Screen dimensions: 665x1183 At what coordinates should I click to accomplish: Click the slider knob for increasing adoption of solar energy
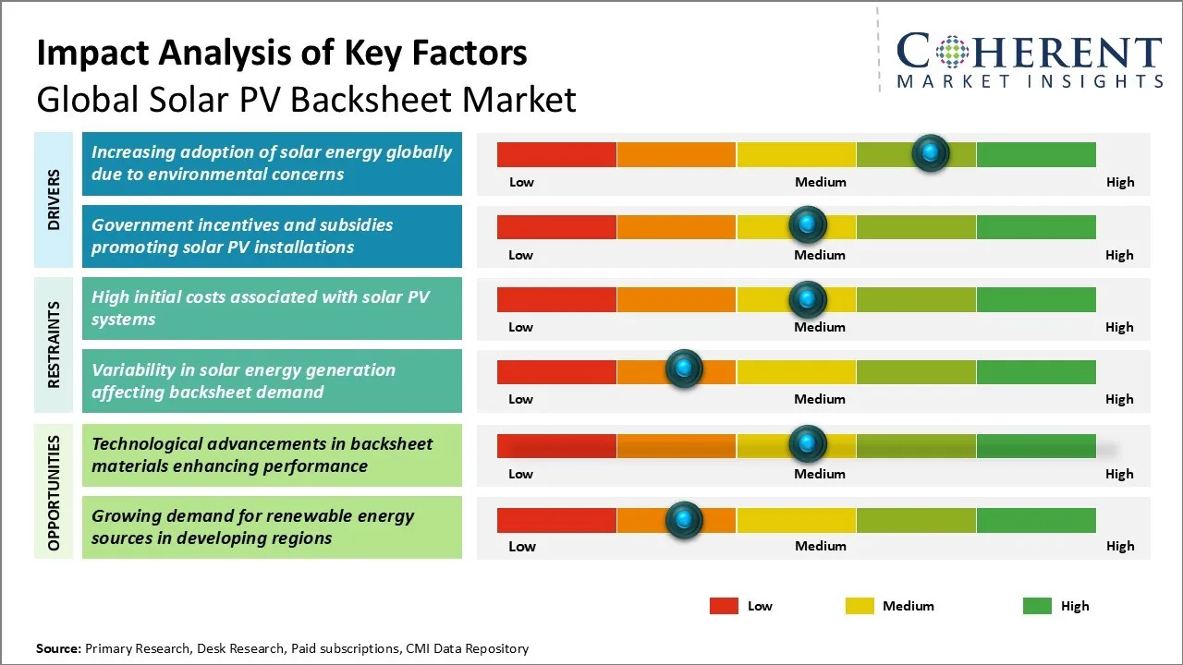pos(931,152)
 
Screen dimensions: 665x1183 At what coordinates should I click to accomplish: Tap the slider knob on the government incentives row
pos(808,224)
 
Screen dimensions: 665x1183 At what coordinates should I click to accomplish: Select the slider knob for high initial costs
pos(808,298)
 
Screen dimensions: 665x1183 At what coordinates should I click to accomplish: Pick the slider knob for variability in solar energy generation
pos(684,369)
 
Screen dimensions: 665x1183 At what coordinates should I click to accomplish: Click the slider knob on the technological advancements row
pos(808,444)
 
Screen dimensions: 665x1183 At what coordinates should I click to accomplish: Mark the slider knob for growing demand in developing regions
pos(684,519)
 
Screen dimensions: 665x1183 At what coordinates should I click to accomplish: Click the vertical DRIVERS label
pos(54,199)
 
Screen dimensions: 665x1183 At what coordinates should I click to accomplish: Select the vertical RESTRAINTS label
pos(54,345)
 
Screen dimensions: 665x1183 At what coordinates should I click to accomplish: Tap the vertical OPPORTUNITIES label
pos(54,493)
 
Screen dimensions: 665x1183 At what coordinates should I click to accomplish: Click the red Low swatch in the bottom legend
pos(724,606)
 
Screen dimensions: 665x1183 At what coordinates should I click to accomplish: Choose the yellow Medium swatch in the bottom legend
pos(860,606)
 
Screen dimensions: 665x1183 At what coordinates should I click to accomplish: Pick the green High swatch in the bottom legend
pos(1037,606)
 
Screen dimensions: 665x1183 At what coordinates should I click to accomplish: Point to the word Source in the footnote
pos(58,648)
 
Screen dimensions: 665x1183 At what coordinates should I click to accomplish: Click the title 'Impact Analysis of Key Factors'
pos(282,54)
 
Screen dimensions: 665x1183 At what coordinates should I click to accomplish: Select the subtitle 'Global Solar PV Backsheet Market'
pos(306,100)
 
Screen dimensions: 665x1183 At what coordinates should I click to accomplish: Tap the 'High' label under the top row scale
pos(1119,182)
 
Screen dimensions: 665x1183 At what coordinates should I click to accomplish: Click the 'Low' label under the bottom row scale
pos(522,546)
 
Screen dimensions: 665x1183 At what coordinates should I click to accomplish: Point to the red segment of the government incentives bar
pos(556,226)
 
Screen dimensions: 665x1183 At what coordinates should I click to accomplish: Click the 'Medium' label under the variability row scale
pos(820,399)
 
